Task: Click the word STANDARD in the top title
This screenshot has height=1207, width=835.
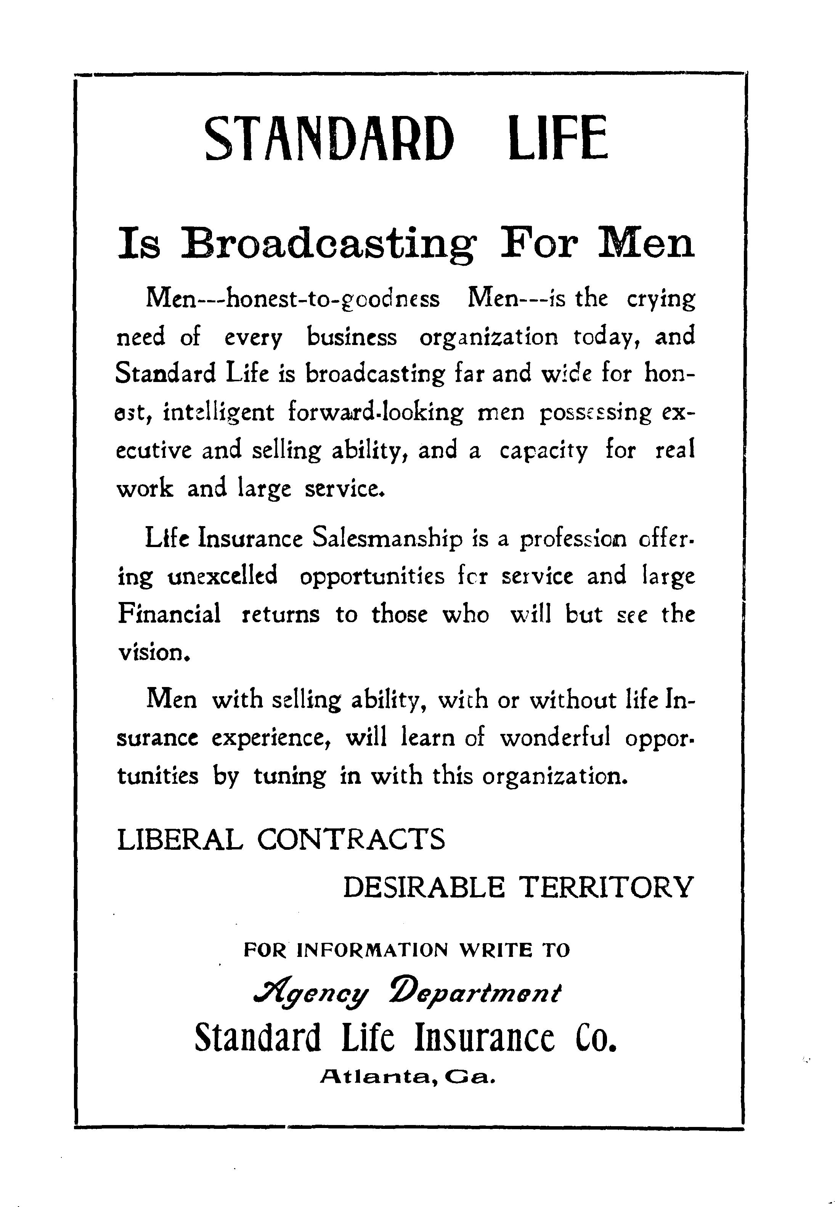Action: (329, 139)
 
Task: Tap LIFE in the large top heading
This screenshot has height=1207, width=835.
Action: (558, 139)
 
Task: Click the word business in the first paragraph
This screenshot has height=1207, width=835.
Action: (352, 337)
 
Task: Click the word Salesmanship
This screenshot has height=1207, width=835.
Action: (387, 539)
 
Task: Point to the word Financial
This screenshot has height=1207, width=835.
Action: (169, 614)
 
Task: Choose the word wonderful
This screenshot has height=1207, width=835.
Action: (555, 738)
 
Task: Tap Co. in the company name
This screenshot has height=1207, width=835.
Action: (596, 1038)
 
